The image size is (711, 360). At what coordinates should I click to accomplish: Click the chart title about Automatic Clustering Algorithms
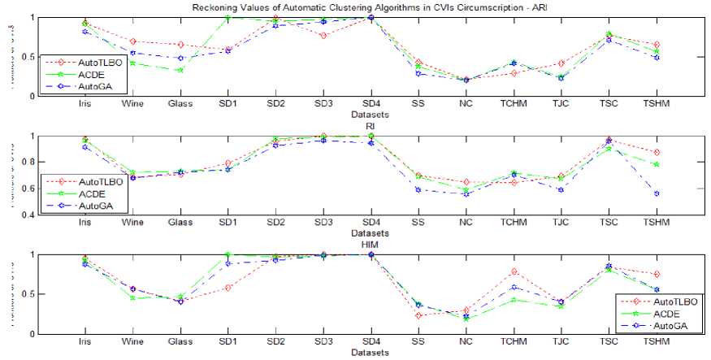tap(371, 7)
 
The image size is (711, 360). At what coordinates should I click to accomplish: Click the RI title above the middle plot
tap(371, 127)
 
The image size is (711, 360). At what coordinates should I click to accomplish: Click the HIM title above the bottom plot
tap(371, 245)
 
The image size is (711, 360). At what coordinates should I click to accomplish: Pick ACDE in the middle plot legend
tap(90, 194)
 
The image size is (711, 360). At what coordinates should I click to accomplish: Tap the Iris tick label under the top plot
tap(85, 105)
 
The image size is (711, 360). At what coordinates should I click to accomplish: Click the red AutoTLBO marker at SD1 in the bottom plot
tap(228, 288)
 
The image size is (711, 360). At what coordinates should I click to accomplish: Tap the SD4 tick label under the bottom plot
tap(371, 342)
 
